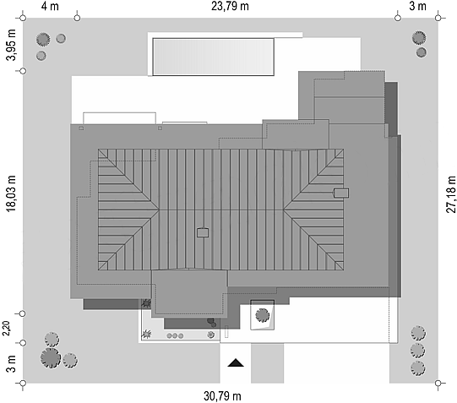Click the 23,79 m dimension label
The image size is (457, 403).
coord(230,6)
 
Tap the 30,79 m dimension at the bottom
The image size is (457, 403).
coord(222,396)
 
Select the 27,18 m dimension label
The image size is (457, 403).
coord(451,194)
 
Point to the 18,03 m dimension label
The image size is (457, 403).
coord(11,193)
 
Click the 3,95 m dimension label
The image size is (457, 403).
coord(11,45)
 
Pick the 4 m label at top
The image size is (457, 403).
coord(50,6)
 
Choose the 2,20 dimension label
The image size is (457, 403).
coord(6,328)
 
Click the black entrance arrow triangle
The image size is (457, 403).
coord(236,362)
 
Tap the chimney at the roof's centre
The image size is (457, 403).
coord(203,232)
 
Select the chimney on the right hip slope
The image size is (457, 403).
coord(341,193)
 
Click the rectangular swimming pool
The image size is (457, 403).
coord(214,57)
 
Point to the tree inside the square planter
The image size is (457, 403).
coord(263,315)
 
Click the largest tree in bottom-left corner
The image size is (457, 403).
coord(51,358)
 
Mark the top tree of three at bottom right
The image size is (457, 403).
coord(418,334)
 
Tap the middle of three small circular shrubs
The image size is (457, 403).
coord(175,336)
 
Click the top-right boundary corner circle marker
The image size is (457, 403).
coord(438,18)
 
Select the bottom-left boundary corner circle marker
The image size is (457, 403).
coord(23,383)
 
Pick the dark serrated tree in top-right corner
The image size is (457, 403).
coord(419,37)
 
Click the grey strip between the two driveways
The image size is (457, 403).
coord(267,363)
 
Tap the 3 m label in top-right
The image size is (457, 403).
coord(417,6)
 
